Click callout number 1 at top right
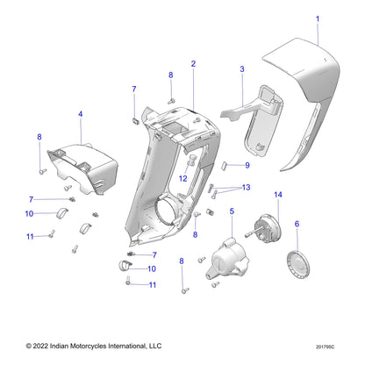[318, 18]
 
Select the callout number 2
[193, 64]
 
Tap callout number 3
[241, 68]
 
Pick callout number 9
[247, 165]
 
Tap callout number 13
[246, 188]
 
